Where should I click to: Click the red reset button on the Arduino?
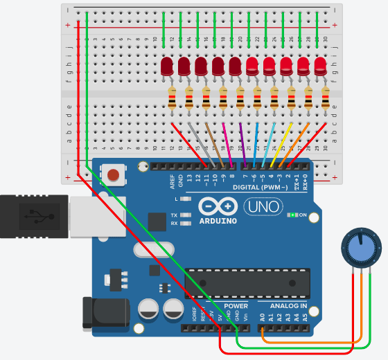[x=113, y=174]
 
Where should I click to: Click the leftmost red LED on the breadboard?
[x=167, y=67]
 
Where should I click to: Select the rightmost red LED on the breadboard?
[x=320, y=66]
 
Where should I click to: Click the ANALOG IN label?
[x=283, y=305]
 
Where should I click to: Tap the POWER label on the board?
[x=236, y=305]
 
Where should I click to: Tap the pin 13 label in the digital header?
[x=189, y=179]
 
